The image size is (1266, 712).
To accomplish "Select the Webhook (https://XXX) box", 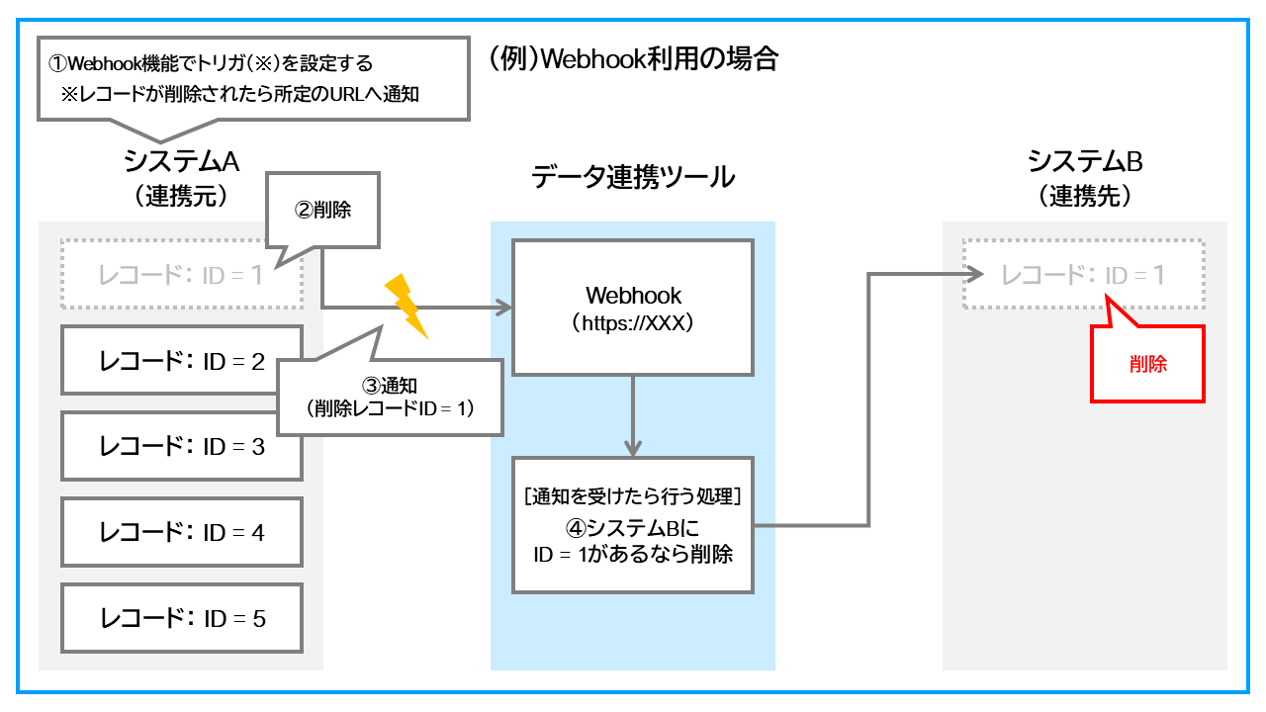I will pos(633,307).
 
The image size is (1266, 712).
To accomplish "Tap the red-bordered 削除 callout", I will pos(1147,365).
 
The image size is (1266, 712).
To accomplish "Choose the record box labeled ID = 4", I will pos(182,532).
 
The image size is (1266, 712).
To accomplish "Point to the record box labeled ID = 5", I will pos(182,618).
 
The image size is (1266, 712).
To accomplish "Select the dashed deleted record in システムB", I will pos(1083,275).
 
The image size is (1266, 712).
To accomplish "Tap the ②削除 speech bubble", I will pos(324,211).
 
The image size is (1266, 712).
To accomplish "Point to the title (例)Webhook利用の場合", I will pos(634,59).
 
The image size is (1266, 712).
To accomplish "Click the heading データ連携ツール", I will pos(633,177).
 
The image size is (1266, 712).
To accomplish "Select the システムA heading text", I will pos(182,161).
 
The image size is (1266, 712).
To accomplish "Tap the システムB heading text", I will pos(1085,161).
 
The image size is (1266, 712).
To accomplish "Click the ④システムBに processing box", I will pos(633,524).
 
